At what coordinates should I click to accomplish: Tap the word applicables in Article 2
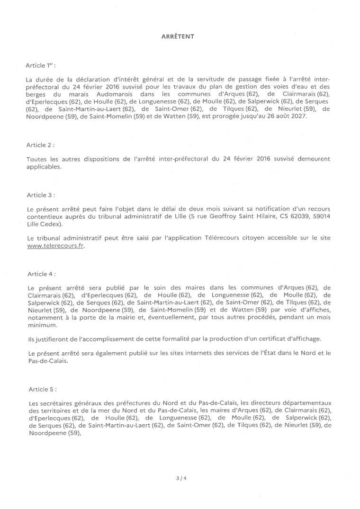click(44, 166)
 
